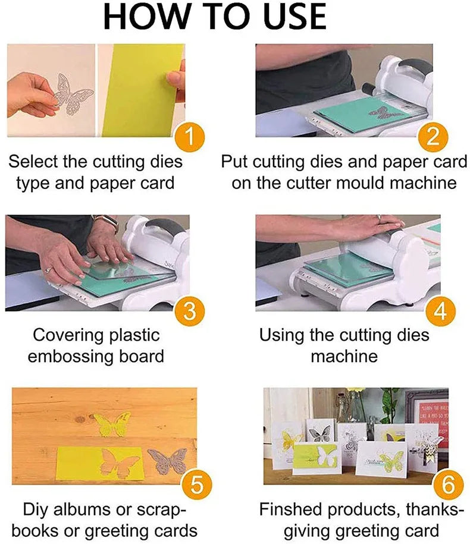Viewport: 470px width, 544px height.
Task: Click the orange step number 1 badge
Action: (189, 139)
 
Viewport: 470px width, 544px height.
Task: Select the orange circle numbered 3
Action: (189, 310)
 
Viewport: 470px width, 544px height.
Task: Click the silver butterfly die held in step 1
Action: (72, 90)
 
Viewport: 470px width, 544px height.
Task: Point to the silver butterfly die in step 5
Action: (167, 461)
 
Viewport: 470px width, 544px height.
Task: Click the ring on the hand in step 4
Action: (378, 218)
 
